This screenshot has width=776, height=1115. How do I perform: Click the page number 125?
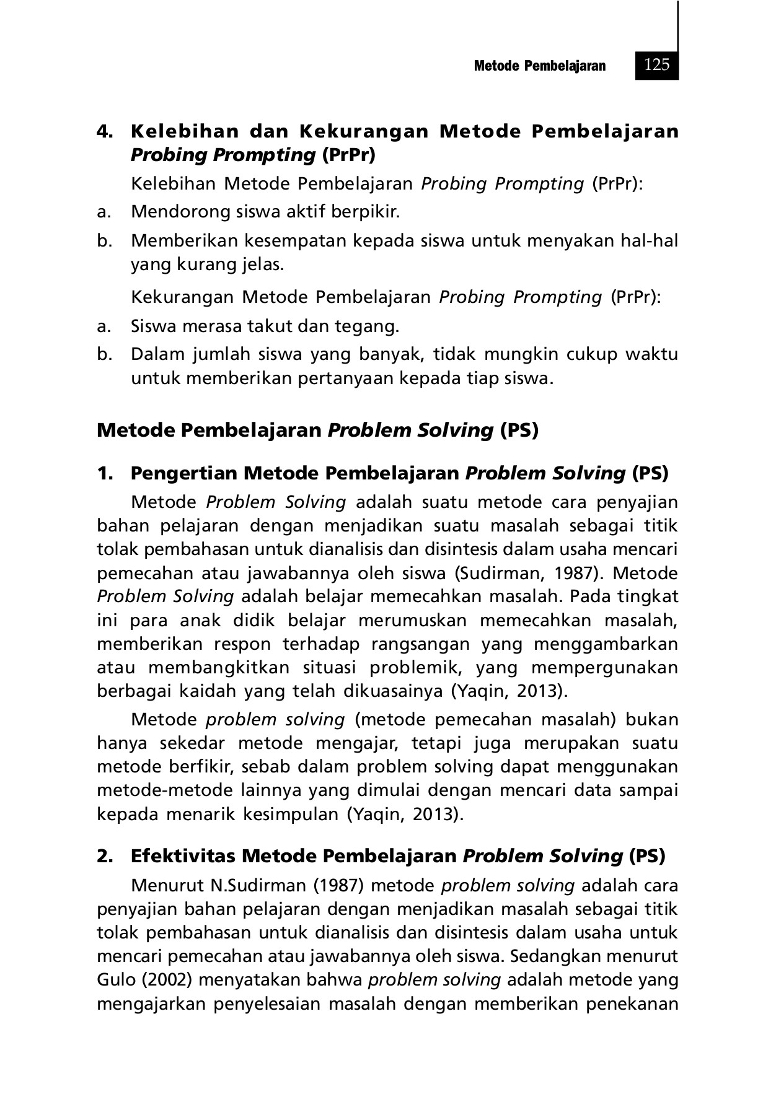click(x=656, y=64)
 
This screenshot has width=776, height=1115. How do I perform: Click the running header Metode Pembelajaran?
click(x=539, y=66)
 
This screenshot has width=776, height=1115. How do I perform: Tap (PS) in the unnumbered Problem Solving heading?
click(x=519, y=430)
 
